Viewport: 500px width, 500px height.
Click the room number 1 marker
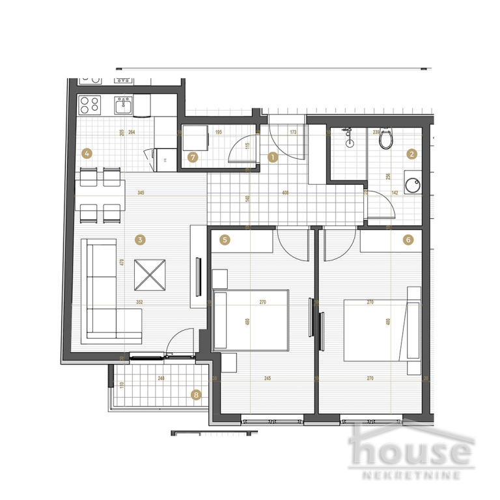pyautogui.click(x=273, y=157)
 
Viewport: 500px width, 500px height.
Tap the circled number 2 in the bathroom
pyautogui.click(x=411, y=154)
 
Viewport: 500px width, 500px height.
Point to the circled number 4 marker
pyautogui.click(x=87, y=154)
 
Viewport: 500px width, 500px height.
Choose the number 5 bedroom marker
pyautogui.click(x=225, y=240)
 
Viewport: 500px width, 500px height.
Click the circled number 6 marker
pyautogui.click(x=408, y=240)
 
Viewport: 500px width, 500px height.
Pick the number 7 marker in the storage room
pyautogui.click(x=192, y=157)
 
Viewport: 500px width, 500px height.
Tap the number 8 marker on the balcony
pyautogui.click(x=195, y=394)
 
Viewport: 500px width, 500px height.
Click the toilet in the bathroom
pyautogui.click(x=387, y=138)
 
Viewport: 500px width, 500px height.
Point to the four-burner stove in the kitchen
pyautogui.click(x=89, y=104)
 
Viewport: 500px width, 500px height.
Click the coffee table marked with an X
pyautogui.click(x=150, y=276)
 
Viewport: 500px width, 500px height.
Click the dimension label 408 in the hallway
pyautogui.click(x=285, y=193)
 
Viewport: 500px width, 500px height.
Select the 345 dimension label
pyautogui.click(x=140, y=193)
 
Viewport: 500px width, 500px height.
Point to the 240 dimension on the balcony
pyautogui.click(x=161, y=378)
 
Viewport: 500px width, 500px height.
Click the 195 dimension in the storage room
pyautogui.click(x=219, y=132)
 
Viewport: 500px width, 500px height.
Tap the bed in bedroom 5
pyautogui.click(x=251, y=320)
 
